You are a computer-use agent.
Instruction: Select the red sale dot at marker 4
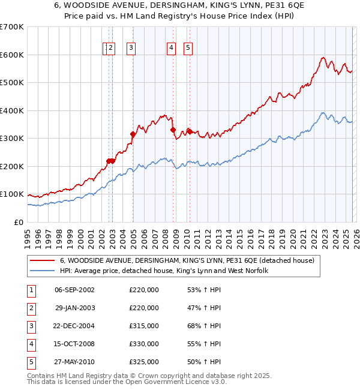point(173,130)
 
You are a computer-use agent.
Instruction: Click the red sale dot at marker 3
point(133,134)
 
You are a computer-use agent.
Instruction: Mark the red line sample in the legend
point(44,261)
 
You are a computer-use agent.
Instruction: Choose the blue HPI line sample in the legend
point(44,271)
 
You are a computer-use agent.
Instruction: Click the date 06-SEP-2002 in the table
point(74,290)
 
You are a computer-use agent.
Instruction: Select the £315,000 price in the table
point(143,326)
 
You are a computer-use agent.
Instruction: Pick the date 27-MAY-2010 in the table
point(74,362)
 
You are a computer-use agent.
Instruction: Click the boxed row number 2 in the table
point(31,308)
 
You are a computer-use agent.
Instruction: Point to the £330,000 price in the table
point(143,344)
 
